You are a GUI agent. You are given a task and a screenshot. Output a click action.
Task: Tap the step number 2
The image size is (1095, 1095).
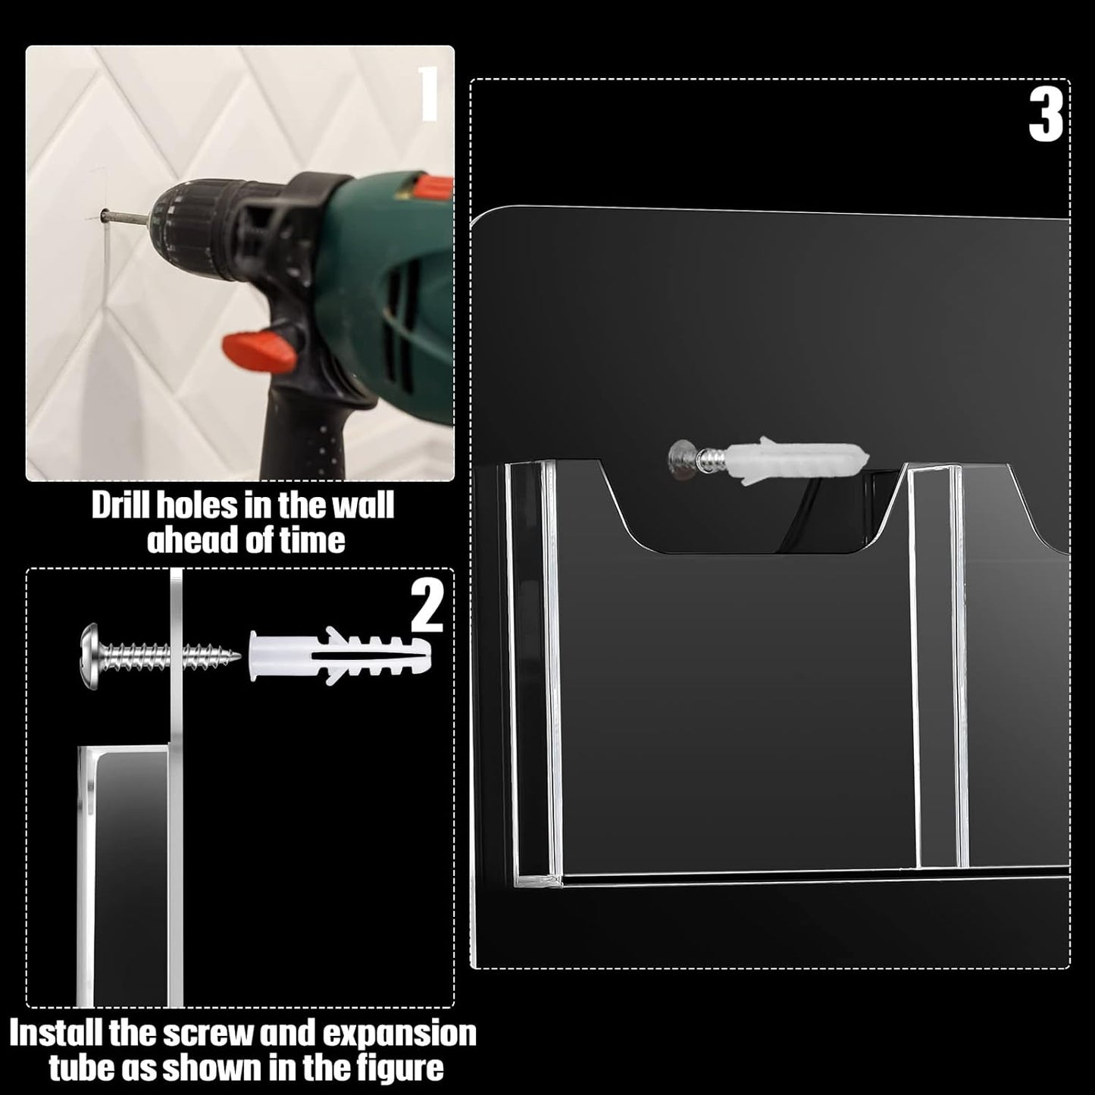427,607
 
